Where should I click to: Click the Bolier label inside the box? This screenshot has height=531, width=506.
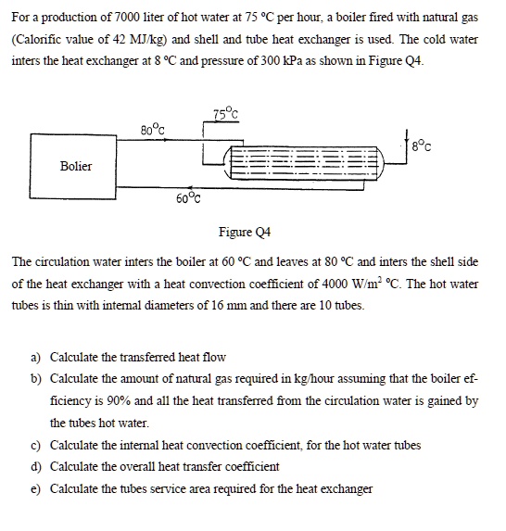pos(76,167)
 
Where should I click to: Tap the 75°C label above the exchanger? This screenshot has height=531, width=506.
pos(225,115)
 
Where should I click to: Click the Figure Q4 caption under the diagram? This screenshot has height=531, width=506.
pos(244,232)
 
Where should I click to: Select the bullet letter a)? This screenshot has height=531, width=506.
pos(36,357)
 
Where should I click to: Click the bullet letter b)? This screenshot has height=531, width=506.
pos(36,379)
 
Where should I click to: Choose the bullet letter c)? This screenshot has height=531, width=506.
pos(36,445)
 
